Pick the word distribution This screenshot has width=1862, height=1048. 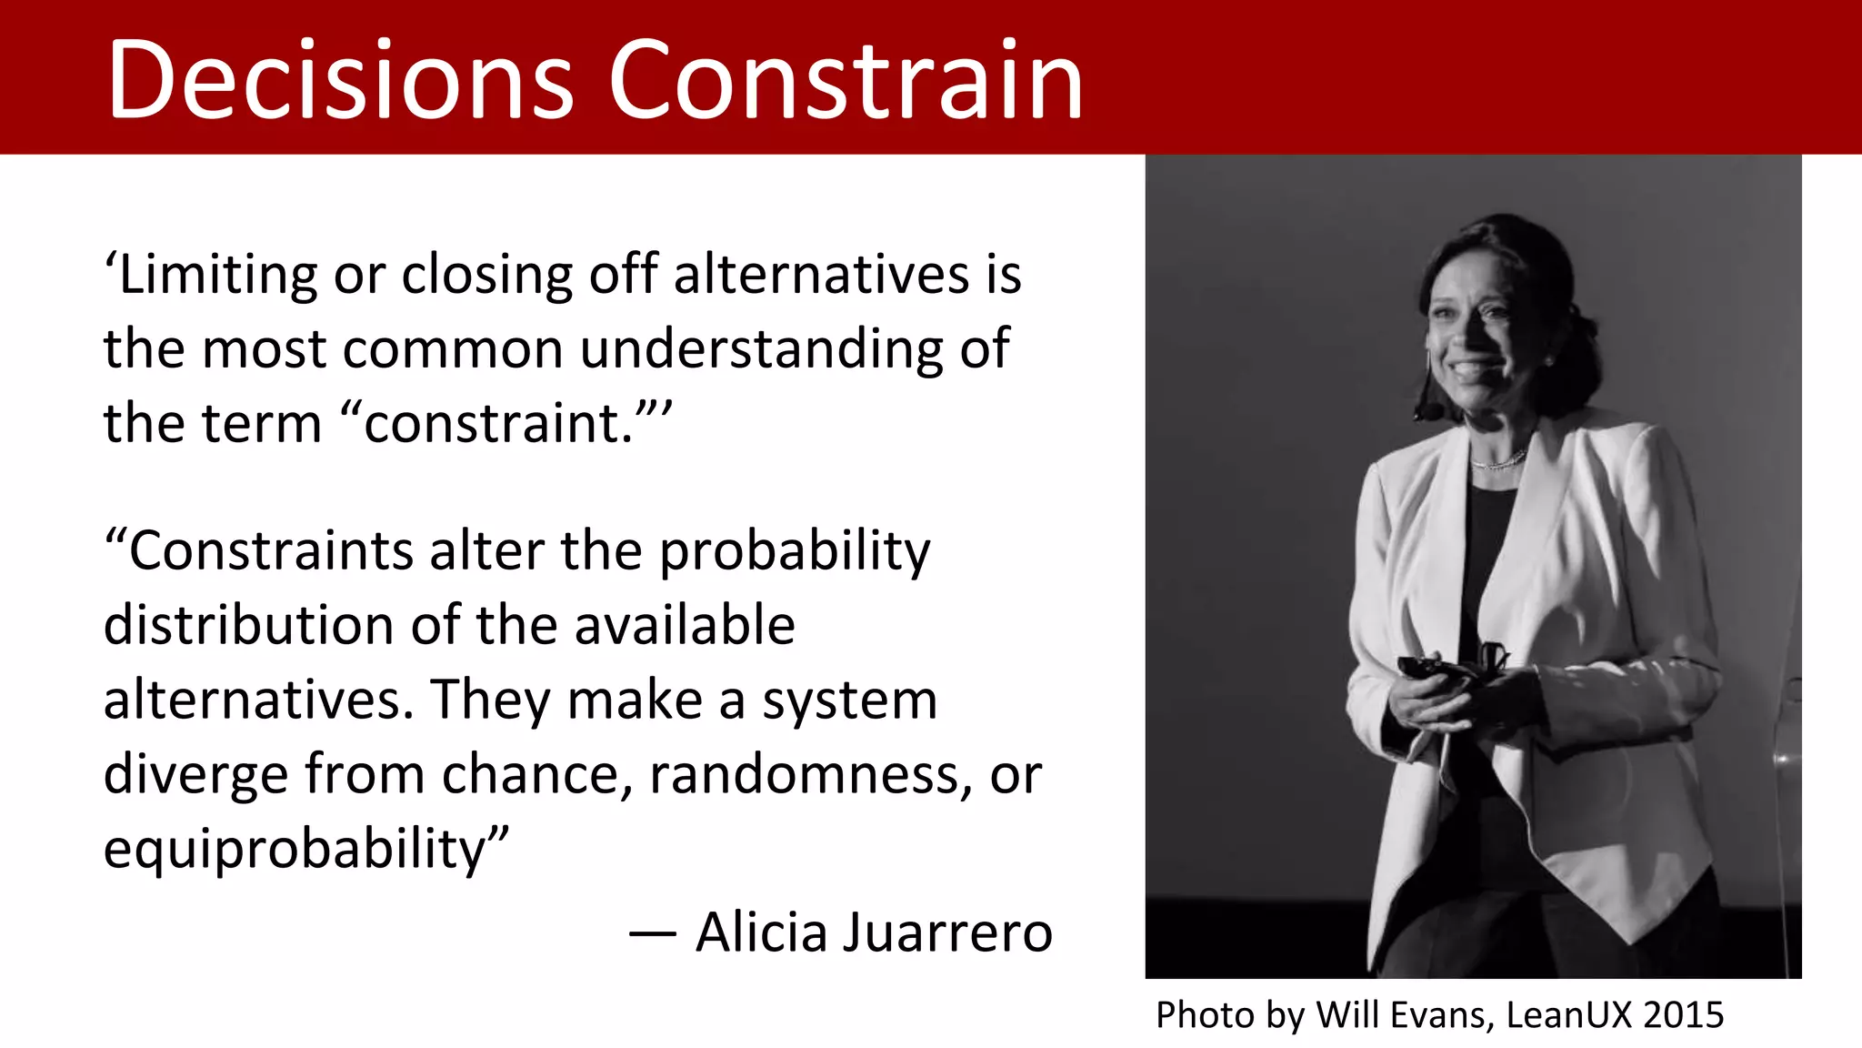pyautogui.click(x=248, y=626)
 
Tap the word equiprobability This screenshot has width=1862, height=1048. pyautogui.click(x=295, y=850)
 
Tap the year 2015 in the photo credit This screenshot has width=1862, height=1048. pyautogui.click(x=1683, y=1015)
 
